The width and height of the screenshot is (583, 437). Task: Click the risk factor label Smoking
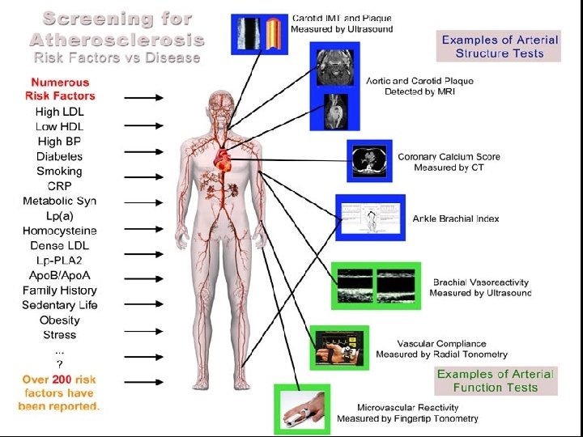[59, 171]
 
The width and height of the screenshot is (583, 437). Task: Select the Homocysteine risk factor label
[59, 231]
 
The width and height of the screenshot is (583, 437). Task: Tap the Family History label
[59, 290]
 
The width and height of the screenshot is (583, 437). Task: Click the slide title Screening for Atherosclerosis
[117, 28]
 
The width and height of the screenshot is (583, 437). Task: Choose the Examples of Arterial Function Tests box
[495, 380]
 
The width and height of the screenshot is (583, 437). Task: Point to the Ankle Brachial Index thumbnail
[371, 218]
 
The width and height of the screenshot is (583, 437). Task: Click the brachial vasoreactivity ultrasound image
[376, 285]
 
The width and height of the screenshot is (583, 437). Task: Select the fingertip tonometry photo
[301, 410]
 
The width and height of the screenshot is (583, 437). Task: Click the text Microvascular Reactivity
[408, 407]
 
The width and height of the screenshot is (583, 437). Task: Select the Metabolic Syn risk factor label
[59, 201]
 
